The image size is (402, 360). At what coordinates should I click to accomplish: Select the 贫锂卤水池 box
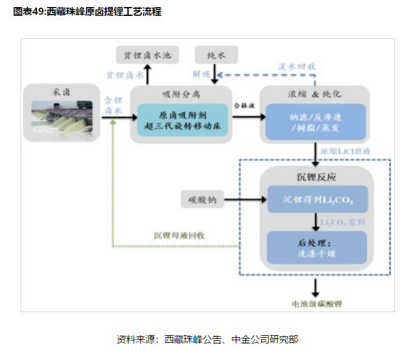tap(148, 55)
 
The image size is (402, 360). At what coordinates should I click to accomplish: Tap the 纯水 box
tap(216, 55)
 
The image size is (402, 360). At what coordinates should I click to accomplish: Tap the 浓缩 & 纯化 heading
tap(316, 94)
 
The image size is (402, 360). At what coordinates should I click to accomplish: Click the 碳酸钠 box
tap(203, 199)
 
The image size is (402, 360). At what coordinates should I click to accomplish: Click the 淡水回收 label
tap(296, 66)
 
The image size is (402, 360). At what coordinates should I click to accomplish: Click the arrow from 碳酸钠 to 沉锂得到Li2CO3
tap(245, 200)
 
